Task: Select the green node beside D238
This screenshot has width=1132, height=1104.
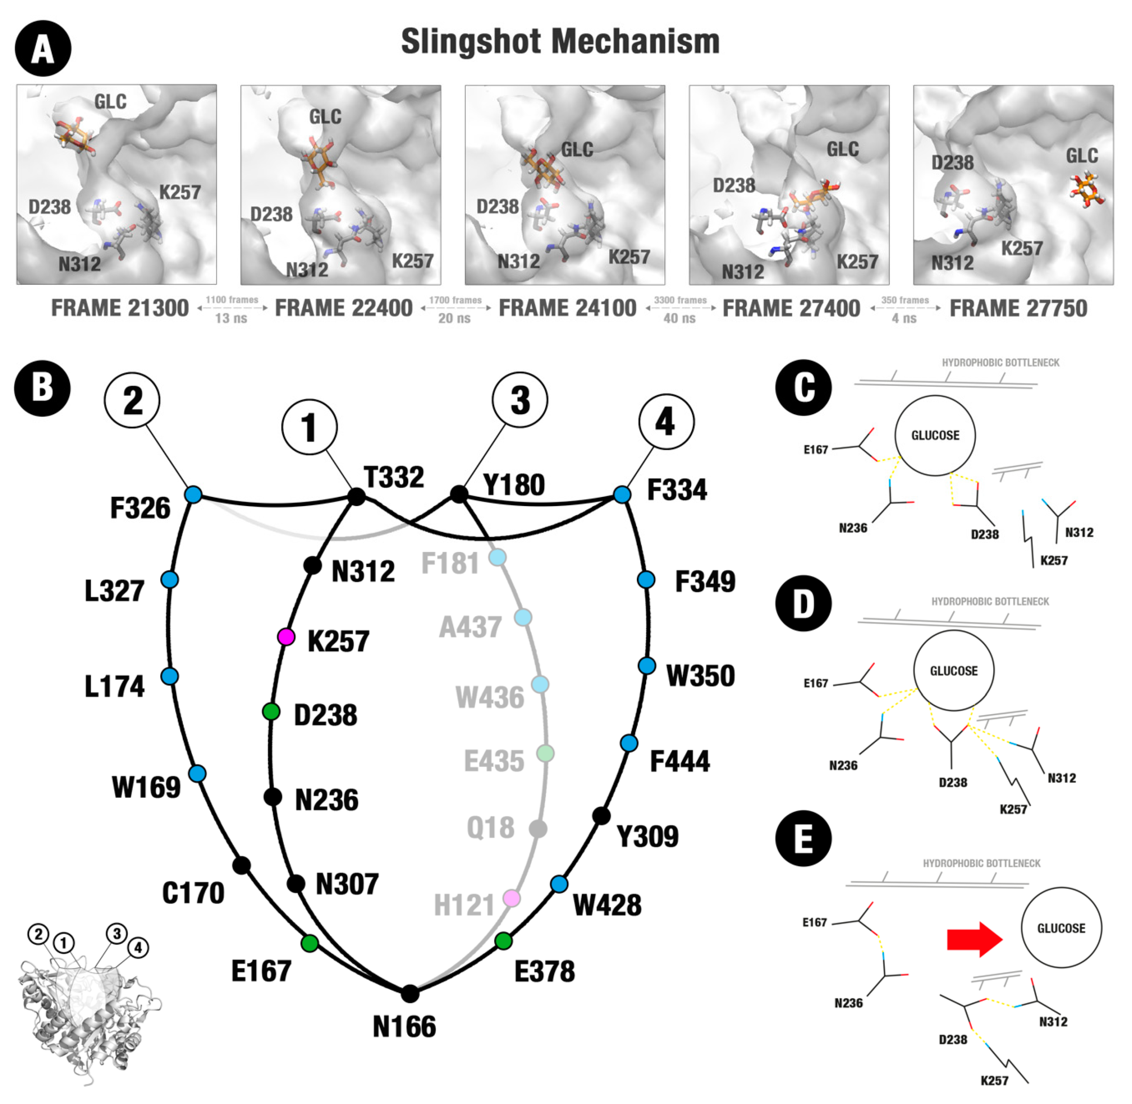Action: coord(271,712)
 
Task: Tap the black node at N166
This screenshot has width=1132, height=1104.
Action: coord(410,994)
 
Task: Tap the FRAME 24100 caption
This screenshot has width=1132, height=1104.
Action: coord(568,308)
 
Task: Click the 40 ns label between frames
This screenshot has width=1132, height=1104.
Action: coord(679,318)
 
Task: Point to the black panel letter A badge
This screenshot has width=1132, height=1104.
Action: coord(43,49)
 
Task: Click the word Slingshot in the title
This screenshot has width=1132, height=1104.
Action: coord(470,42)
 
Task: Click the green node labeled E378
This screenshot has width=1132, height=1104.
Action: coord(503,940)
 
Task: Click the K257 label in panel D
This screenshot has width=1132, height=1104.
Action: coord(1013,809)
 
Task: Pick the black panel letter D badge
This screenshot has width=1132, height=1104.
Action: coord(803,604)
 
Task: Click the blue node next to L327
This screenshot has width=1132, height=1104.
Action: coord(170,579)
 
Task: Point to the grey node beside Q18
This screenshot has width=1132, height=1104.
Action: coord(538,828)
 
